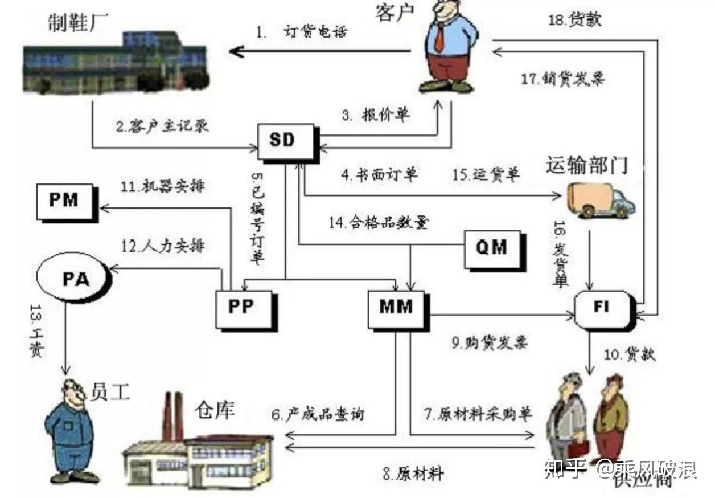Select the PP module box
(x=243, y=308)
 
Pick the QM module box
(x=491, y=248)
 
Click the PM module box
(x=63, y=201)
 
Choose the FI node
(x=601, y=308)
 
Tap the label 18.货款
(x=575, y=20)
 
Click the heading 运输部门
(x=586, y=165)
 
